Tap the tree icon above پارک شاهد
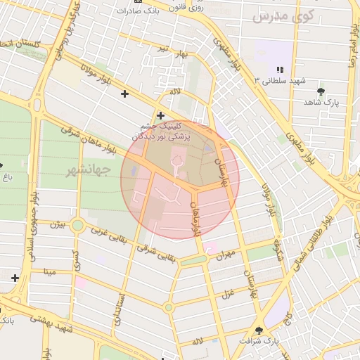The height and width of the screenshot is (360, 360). tap(321, 91)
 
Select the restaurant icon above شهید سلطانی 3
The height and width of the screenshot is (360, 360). tap(279, 69)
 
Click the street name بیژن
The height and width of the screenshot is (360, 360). tap(57, 224)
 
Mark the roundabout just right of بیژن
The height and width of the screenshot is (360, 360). tap(77, 226)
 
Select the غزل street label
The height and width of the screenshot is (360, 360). tap(227, 292)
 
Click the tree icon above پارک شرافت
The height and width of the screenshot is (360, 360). tap(259, 330)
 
